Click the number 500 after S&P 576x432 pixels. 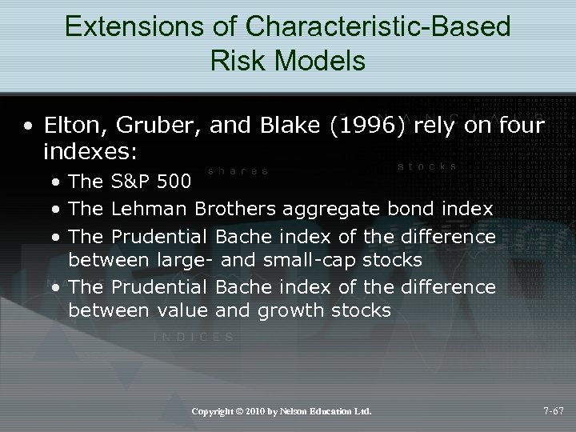click(175, 182)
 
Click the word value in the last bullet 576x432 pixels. click(181, 310)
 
